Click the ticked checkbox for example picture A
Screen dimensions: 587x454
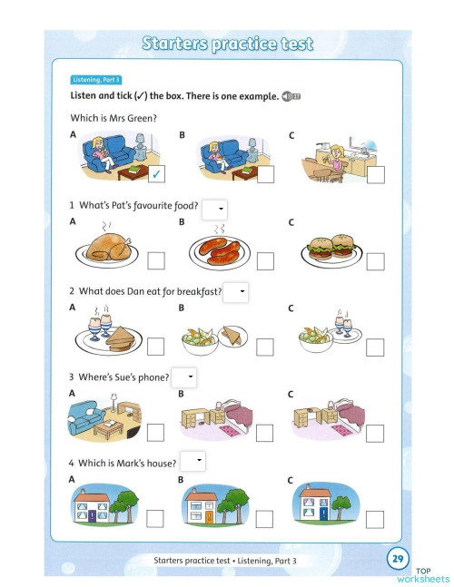click(x=156, y=174)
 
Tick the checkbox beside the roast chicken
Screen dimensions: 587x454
click(x=156, y=261)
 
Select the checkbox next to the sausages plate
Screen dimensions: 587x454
click(x=265, y=261)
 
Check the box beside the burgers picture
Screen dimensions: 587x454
click(x=375, y=261)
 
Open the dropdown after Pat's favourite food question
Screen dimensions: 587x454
click(x=214, y=209)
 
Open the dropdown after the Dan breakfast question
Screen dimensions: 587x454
click(x=236, y=292)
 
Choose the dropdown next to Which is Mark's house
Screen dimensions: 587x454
click(x=192, y=462)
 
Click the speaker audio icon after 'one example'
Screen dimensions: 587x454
click(x=291, y=95)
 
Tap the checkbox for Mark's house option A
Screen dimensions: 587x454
click(x=156, y=518)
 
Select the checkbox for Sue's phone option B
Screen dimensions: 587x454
click(x=265, y=432)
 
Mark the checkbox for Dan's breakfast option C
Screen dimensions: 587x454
click(x=375, y=346)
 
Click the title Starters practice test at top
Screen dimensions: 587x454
click(x=228, y=43)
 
